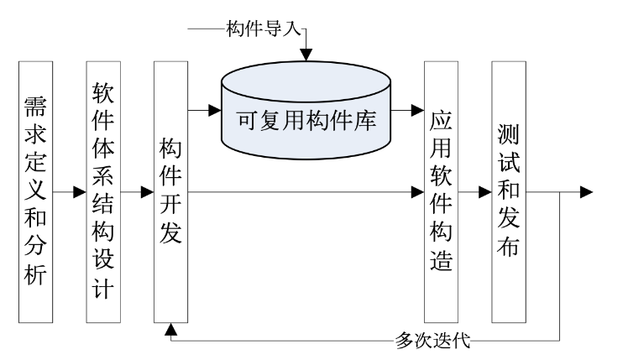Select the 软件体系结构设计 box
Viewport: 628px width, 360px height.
click(102, 192)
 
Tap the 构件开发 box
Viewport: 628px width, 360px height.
click(170, 192)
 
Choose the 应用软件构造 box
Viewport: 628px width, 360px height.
click(441, 192)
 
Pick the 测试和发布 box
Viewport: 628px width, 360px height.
click(509, 192)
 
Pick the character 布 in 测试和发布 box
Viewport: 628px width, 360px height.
click(509, 250)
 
